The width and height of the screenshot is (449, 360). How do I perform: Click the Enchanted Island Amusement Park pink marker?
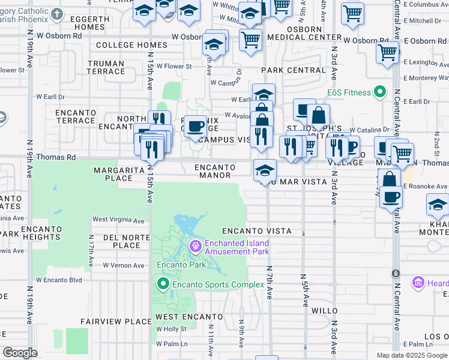pyautogui.click(x=195, y=247)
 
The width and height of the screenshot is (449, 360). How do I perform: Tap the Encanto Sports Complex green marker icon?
pyautogui.click(x=162, y=284)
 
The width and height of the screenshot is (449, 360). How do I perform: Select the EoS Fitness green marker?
pyautogui.click(x=379, y=92)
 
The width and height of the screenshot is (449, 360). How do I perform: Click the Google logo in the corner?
pyautogui.click(x=20, y=353)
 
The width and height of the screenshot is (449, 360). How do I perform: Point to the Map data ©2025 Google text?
pyautogui.click(x=411, y=355)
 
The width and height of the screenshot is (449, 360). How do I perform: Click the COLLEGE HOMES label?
pyautogui.click(x=131, y=45)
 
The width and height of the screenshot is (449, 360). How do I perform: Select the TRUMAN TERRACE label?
pyautogui.click(x=106, y=67)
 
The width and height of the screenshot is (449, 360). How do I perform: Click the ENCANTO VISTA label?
pyautogui.click(x=256, y=231)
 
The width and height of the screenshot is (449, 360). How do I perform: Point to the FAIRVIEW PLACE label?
pyautogui.click(x=116, y=322)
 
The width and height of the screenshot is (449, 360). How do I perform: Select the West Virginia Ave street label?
pyautogui.click(x=118, y=221)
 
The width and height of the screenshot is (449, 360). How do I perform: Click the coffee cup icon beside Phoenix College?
pyautogui.click(x=195, y=126)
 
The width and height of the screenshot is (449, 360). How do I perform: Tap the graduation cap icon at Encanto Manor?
pyautogui.click(x=265, y=170)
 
